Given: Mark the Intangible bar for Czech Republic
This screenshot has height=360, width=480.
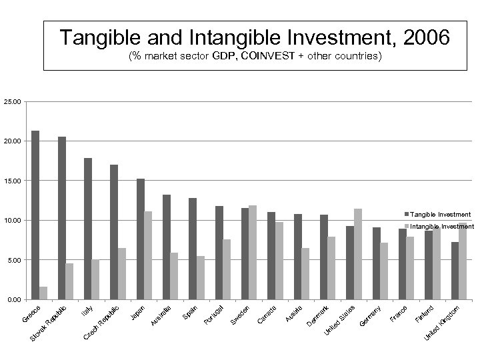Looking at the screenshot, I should [x=122, y=273].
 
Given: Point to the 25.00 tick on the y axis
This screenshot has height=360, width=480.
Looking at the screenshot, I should [x=13, y=102].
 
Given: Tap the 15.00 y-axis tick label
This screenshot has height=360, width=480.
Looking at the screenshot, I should [x=13, y=181].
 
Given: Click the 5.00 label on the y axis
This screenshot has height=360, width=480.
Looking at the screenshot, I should [x=14, y=260].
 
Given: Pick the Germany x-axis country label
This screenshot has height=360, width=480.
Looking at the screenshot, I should [x=371, y=315].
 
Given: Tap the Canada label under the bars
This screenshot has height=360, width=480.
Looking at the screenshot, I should [x=267, y=315].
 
